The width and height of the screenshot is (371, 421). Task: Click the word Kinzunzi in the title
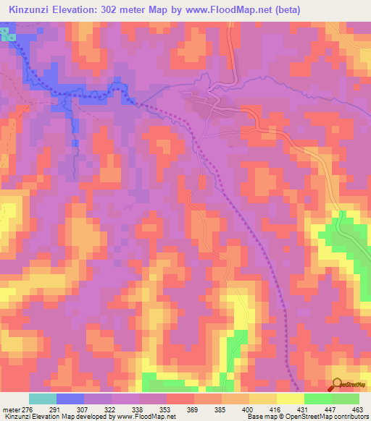click(x=33, y=8)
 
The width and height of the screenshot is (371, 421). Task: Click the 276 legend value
click(x=26, y=409)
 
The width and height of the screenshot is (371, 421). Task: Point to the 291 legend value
click(x=54, y=409)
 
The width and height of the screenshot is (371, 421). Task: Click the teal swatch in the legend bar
click(x=43, y=399)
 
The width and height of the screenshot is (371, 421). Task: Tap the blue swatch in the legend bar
click(x=70, y=399)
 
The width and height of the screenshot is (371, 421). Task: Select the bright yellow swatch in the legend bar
click(x=291, y=399)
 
